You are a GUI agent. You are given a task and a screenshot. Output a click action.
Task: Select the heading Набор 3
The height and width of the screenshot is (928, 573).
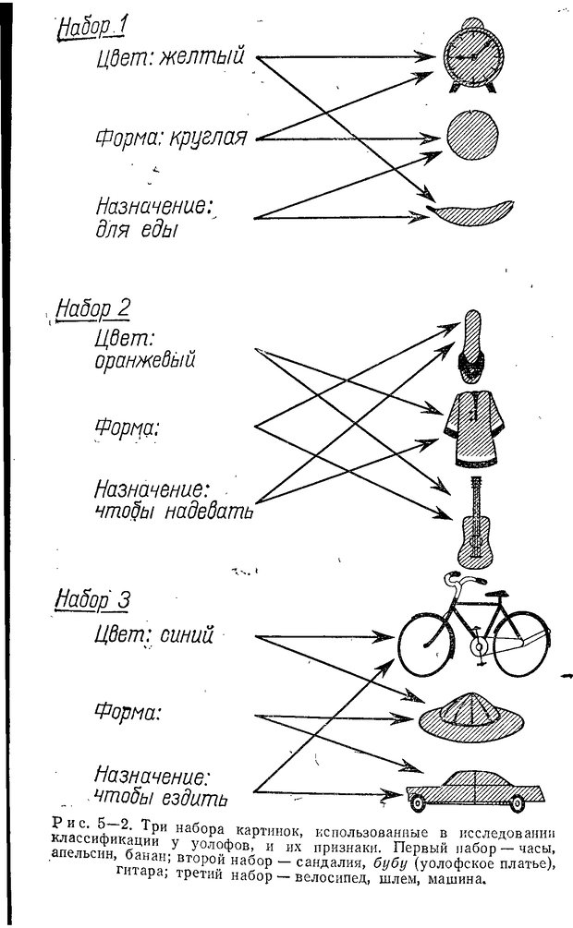[91, 599]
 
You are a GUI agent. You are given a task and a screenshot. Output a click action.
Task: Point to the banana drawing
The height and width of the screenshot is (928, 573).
[473, 211]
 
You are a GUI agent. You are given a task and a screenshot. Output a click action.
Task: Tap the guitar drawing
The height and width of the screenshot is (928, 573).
[473, 522]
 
